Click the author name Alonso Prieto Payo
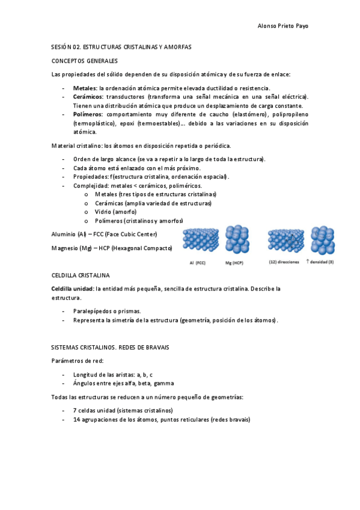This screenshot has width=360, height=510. [282, 26]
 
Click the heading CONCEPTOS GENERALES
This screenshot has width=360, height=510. [85, 61]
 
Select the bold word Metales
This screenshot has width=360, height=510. [84, 88]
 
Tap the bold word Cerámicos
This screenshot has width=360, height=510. [88, 96]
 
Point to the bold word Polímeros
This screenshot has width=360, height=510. [88, 114]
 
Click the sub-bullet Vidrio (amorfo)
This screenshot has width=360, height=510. [115, 212]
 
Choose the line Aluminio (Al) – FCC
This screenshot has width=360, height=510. [105, 233]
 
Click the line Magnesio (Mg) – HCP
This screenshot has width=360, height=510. [112, 248]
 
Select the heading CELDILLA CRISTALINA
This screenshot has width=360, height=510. [81, 275]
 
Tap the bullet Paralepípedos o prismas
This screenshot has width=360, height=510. [107, 311]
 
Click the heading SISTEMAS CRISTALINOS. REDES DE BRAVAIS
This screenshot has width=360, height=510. [110, 347]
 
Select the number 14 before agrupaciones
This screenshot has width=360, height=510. [76, 419]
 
